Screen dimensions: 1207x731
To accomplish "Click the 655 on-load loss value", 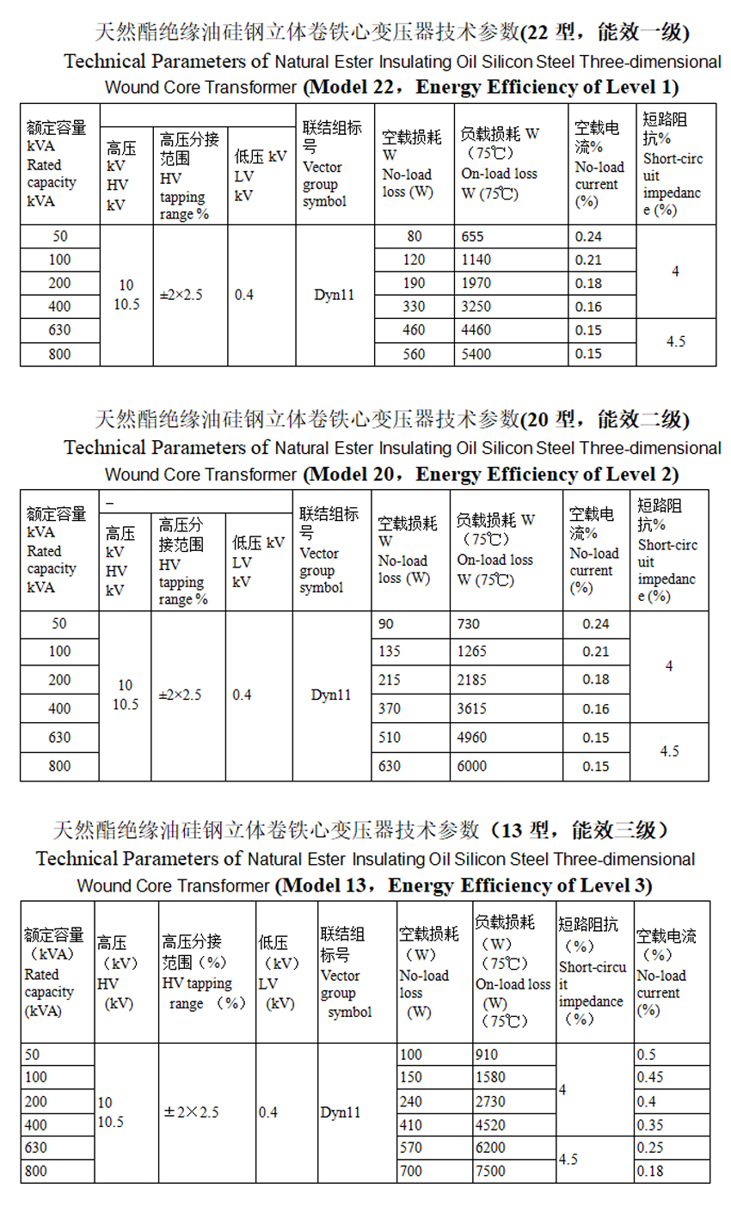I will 473,236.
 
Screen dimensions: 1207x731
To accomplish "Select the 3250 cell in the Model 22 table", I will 476,306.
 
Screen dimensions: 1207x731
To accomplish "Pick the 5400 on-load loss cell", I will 476,353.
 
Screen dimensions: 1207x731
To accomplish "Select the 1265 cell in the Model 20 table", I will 472,652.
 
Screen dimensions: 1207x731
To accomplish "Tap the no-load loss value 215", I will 390,680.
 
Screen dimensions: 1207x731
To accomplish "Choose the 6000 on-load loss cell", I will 472,766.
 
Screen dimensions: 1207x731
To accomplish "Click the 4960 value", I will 472,738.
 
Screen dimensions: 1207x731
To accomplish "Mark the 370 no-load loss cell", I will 390,709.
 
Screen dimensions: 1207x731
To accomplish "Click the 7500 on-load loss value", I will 490,1171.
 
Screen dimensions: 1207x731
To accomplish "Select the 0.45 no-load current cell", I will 650,1077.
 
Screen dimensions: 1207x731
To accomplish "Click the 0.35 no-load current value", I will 650,1124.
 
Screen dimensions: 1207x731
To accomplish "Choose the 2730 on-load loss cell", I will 490,1101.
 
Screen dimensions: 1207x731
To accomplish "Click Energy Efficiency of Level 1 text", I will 547,88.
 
